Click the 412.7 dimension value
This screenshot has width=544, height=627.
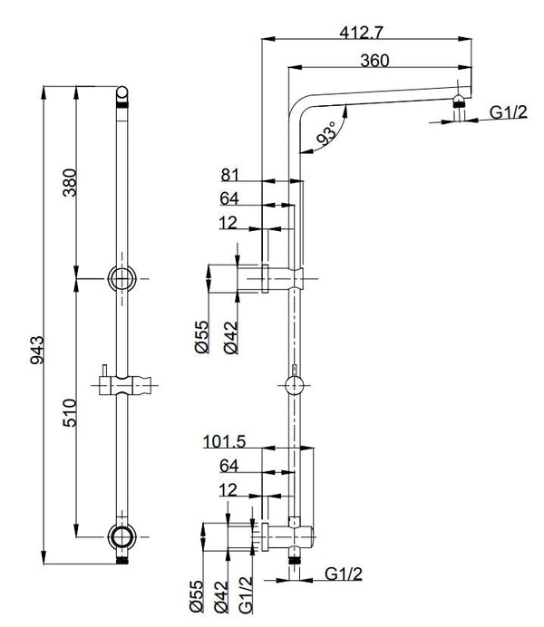(x=360, y=32)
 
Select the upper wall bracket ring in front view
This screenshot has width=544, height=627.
(x=121, y=277)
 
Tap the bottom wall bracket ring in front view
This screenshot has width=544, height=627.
(x=121, y=535)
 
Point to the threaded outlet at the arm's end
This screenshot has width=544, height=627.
(x=461, y=111)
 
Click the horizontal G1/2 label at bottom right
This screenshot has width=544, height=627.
(x=343, y=574)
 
